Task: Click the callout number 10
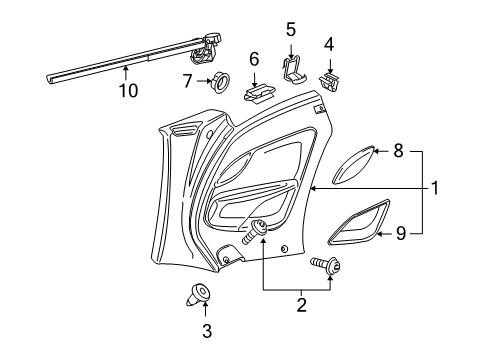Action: point(128,90)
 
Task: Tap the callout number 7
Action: point(188,81)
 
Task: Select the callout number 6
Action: point(254,59)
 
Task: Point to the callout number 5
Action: point(291,30)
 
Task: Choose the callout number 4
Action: point(329,45)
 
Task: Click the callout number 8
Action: point(398,151)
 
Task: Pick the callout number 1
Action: point(435,188)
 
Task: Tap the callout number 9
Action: point(401,233)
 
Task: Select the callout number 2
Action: point(301,305)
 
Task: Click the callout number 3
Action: point(207,331)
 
